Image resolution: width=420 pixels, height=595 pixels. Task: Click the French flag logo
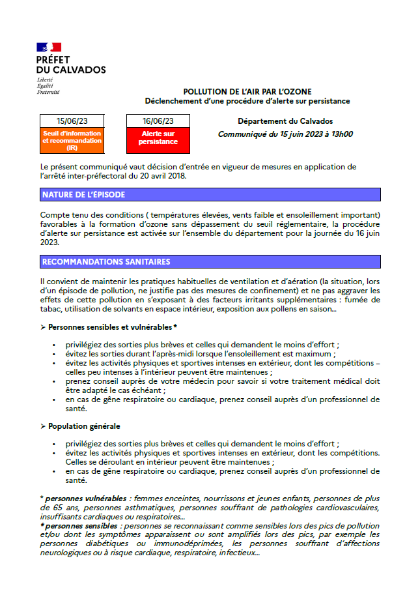(49, 47)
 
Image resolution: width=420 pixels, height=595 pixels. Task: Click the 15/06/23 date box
(72, 121)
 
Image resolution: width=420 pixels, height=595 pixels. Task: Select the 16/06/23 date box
(158, 121)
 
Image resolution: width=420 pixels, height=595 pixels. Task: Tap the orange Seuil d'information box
(72, 140)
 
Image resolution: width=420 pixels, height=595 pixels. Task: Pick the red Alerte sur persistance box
(158, 137)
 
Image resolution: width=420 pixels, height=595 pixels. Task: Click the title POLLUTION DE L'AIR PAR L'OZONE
(247, 91)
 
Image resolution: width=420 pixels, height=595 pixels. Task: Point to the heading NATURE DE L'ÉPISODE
(83, 195)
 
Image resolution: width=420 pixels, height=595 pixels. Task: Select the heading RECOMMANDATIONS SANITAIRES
(106, 262)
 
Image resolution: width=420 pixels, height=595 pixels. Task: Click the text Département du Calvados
(285, 121)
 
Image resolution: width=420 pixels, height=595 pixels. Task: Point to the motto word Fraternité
(48, 92)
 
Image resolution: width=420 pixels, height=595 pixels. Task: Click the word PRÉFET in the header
(53, 60)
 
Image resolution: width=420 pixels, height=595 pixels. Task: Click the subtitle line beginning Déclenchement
(247, 101)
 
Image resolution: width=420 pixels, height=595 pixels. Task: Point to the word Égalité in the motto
(46, 85)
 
